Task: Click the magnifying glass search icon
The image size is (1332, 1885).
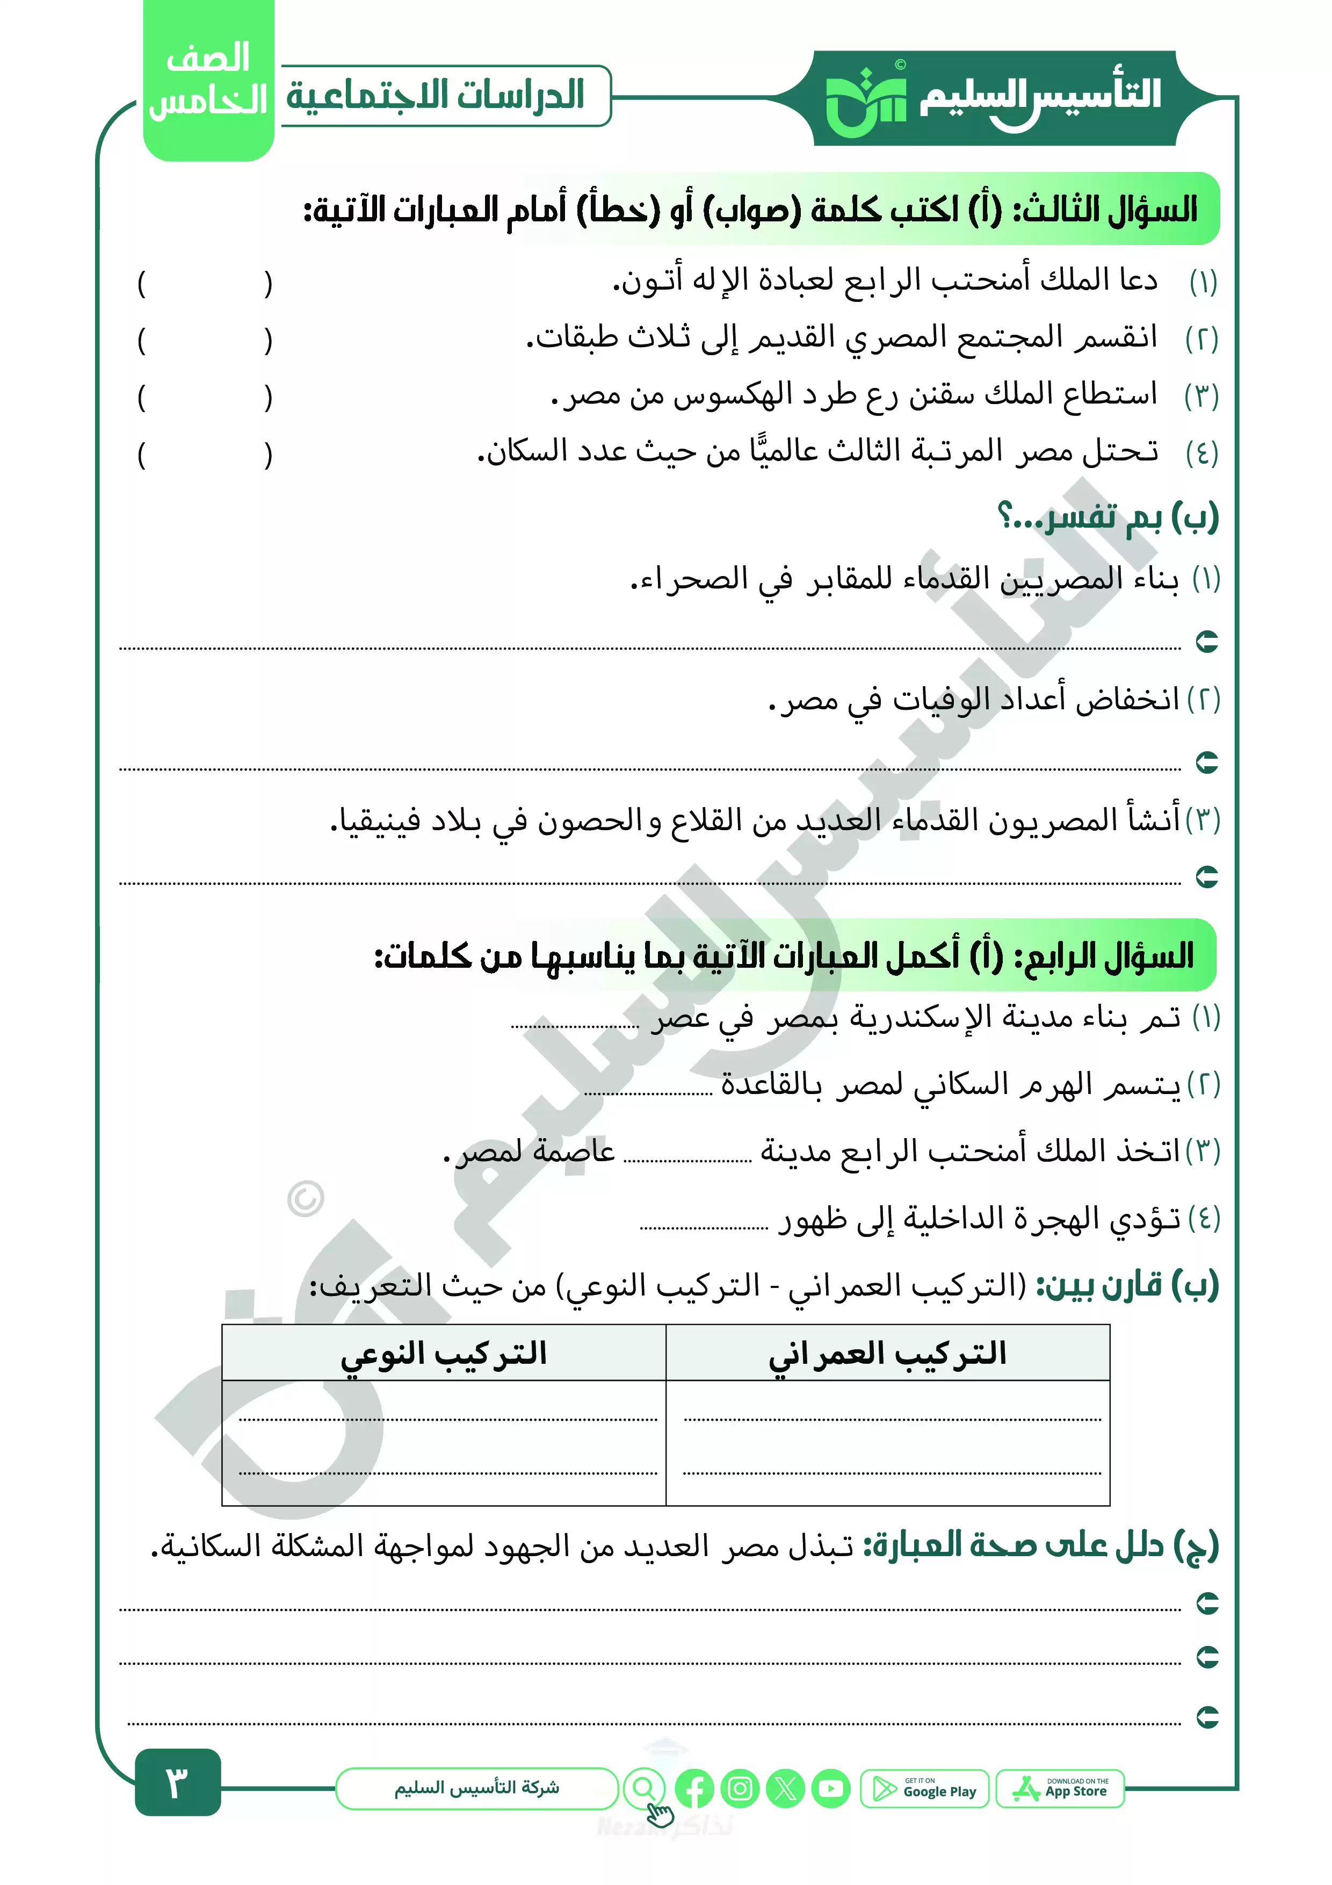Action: pos(645,1788)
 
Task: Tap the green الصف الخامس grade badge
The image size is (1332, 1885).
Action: pos(208,81)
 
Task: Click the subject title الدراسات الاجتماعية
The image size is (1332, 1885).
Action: pos(435,95)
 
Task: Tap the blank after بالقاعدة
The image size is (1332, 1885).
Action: pos(648,1092)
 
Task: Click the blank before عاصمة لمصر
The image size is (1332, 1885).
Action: pos(687,1159)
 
